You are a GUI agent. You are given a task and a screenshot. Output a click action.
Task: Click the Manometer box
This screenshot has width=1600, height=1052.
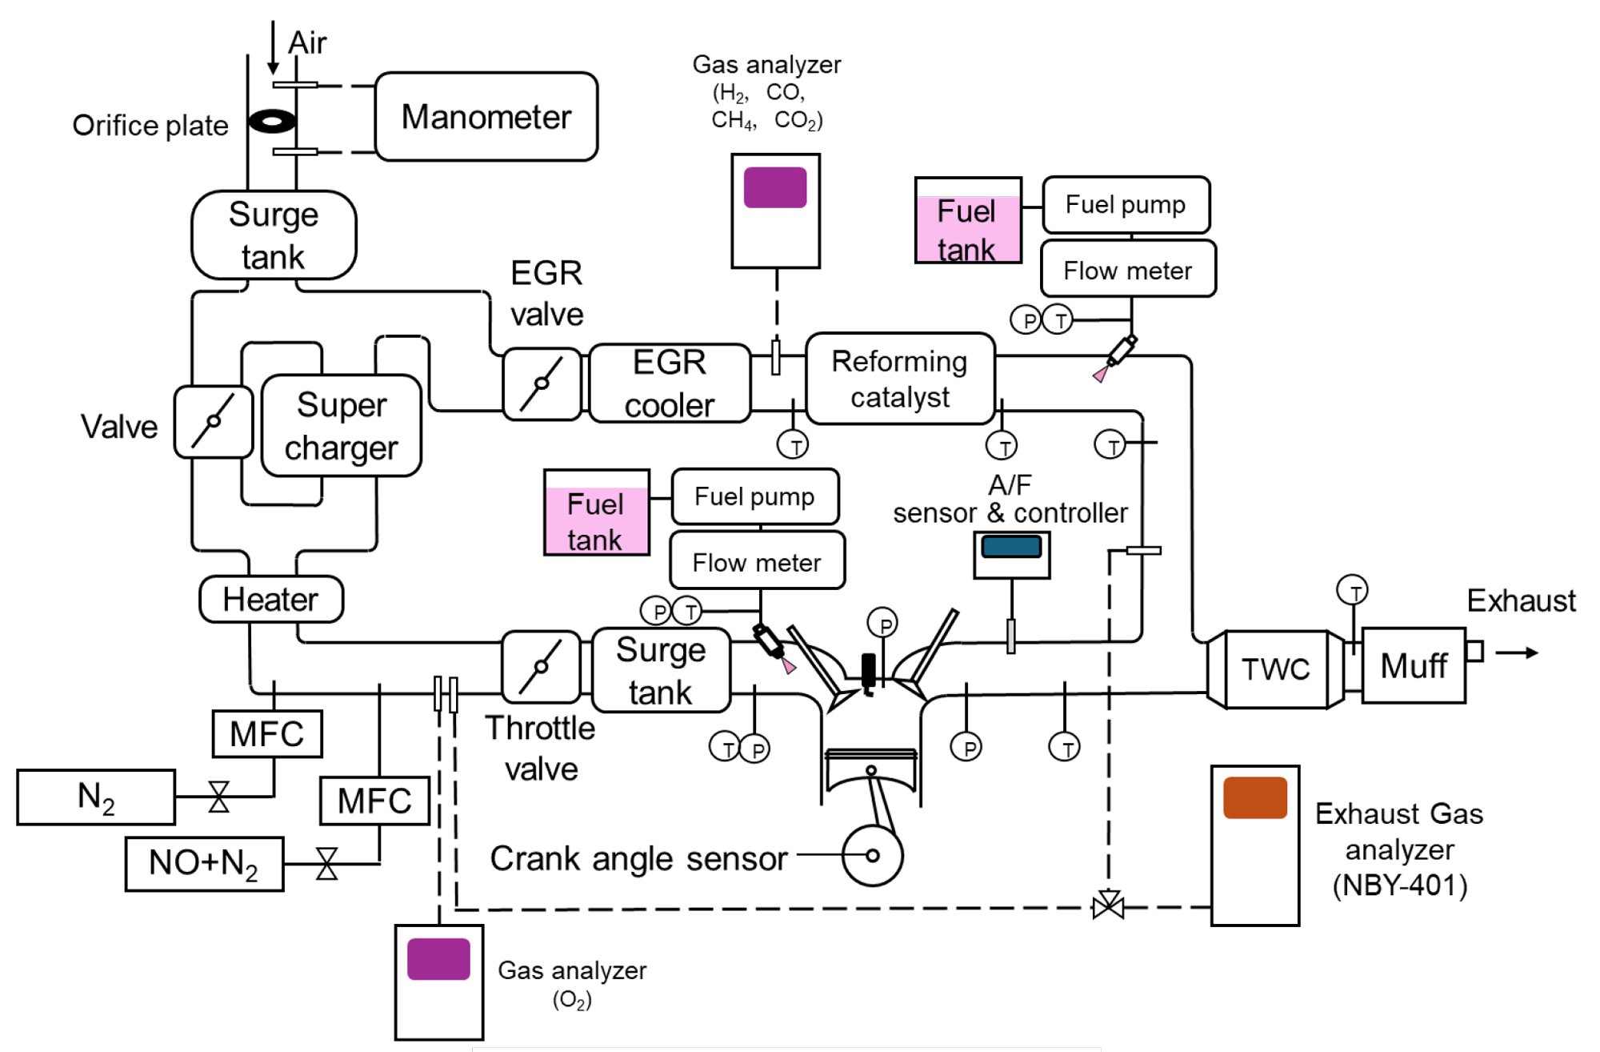coord(486,117)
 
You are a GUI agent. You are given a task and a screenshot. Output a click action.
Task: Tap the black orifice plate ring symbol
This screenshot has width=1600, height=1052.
coord(272,122)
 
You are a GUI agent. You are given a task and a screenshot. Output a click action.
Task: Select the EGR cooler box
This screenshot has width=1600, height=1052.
coord(670,383)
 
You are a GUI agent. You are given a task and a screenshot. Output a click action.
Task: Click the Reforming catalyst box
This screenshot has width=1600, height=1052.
coord(900,379)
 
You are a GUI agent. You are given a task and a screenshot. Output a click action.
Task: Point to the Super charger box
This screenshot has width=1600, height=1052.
coord(342,426)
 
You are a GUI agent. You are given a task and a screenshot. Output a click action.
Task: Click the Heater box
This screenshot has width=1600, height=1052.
coord(271,599)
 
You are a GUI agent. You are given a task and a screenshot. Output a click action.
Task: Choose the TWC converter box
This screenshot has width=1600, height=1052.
coord(1275,669)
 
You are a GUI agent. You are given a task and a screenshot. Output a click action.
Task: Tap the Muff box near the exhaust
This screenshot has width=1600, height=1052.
coord(1414,665)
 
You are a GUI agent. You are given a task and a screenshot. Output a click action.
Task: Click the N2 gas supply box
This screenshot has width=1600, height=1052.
coord(96,797)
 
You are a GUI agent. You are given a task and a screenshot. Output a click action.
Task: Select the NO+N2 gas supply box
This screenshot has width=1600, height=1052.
coord(204,863)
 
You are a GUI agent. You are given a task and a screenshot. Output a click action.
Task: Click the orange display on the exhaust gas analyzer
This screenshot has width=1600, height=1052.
coord(1254,797)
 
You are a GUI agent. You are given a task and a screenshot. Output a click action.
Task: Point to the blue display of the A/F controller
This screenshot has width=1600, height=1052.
coord(1011,547)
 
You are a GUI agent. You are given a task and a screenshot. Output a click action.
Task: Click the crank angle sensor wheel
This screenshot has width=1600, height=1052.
coord(872,855)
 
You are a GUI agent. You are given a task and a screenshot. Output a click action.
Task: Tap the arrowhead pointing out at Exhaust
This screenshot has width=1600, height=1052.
coord(1530,652)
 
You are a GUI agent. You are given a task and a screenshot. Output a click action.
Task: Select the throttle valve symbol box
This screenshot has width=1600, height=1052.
coord(541,666)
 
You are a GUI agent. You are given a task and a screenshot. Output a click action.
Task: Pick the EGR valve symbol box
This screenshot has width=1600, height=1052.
coord(542,383)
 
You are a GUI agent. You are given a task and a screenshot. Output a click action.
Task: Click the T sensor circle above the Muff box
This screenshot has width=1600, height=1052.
coord(1352,591)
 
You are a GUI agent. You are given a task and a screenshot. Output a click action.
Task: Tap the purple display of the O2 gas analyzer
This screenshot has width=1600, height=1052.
coord(438,959)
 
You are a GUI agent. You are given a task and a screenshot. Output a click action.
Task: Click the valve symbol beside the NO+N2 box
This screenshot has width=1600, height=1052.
coord(326,864)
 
